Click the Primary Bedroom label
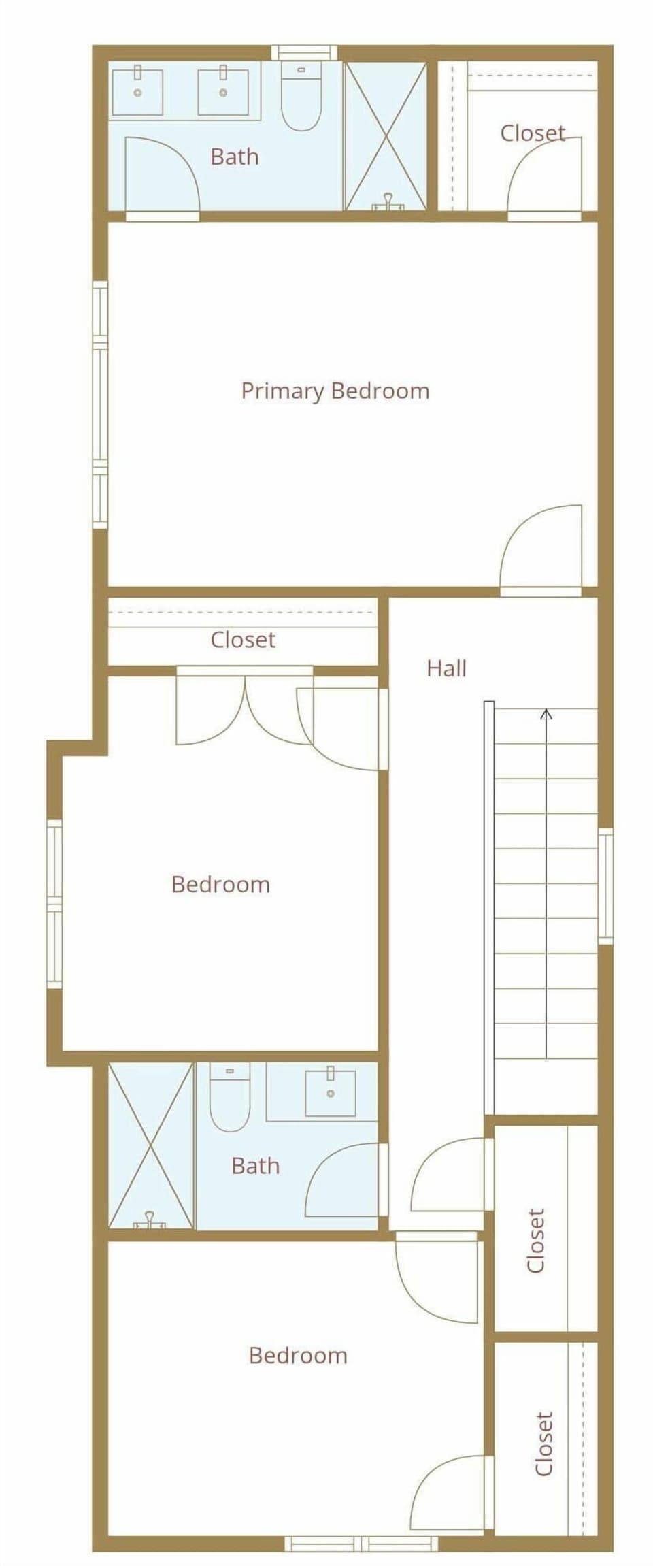[x=335, y=391]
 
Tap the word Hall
[x=446, y=668]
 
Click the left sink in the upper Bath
[x=137, y=92]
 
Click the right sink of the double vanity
[x=222, y=92]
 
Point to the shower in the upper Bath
[x=386, y=136]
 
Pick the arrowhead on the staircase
[x=546, y=714]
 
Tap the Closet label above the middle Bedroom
[x=243, y=640]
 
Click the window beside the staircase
[x=605, y=885]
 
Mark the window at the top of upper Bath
[x=304, y=52]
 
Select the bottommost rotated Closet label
[x=543, y=1443]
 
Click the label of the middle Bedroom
[x=220, y=884]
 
